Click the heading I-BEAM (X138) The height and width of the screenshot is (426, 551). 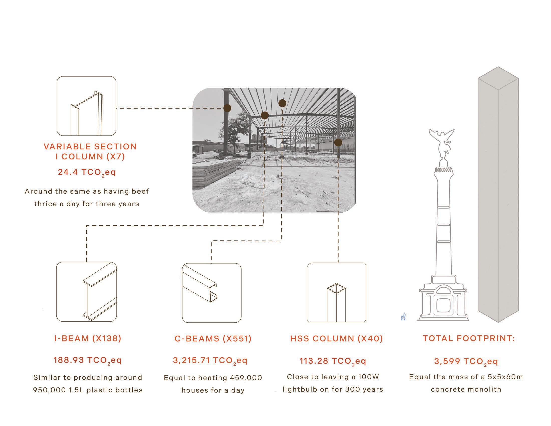tap(88, 338)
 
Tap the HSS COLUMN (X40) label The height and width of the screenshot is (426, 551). tap(337, 339)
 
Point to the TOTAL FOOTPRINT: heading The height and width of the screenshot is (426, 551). tap(469, 338)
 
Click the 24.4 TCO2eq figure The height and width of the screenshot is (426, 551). tap(87, 173)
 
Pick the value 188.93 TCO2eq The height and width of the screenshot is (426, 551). tap(88, 360)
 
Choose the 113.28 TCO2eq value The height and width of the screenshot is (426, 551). tap(333, 361)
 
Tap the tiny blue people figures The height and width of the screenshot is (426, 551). tap(403, 317)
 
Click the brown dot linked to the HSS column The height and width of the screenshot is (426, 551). tap(338, 142)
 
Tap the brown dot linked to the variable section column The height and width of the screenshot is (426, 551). tap(227, 108)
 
